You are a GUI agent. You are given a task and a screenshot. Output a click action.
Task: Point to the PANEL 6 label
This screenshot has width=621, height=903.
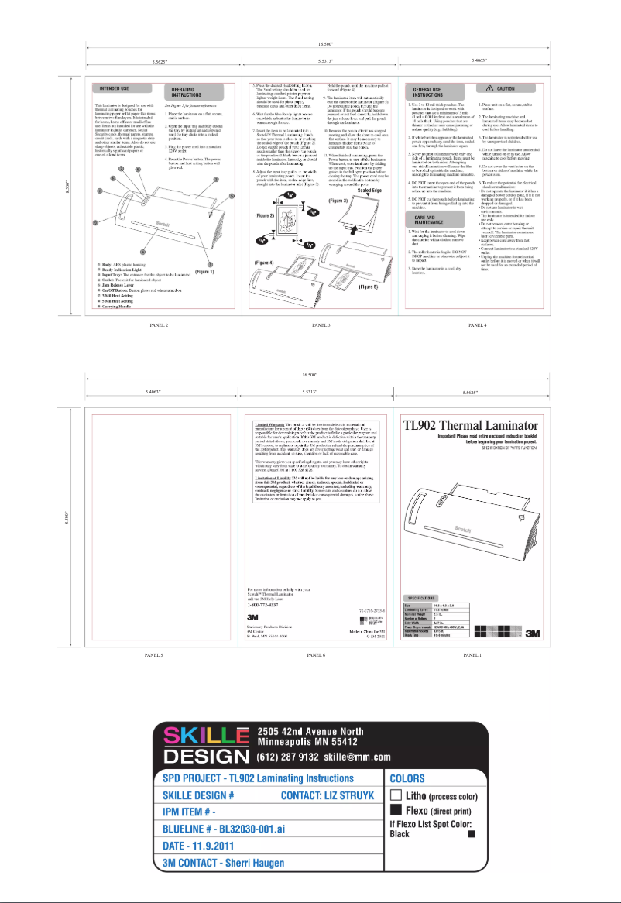315,655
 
